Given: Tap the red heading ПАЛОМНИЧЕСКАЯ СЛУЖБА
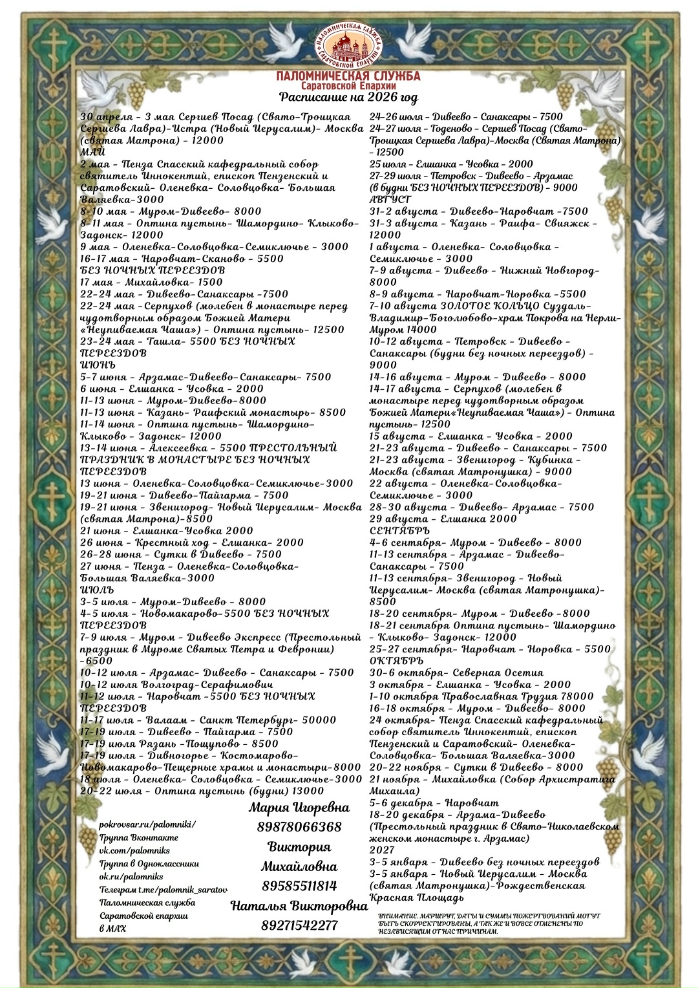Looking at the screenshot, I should point(348,76).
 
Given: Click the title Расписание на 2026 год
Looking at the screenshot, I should point(348,98).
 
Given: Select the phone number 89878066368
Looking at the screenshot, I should point(299,827).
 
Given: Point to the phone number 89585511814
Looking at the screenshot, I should point(299,886).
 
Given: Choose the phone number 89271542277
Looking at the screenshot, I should point(299,925).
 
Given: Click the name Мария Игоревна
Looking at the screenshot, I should point(299,807).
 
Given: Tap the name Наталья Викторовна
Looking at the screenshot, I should point(299,906).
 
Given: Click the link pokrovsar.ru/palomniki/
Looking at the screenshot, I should point(147,824).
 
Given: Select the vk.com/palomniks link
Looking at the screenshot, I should point(135,850).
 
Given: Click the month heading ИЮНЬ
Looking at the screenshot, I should point(98,365).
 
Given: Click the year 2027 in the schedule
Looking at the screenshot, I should point(382,850).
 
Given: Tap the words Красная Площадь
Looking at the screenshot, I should point(416,897).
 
